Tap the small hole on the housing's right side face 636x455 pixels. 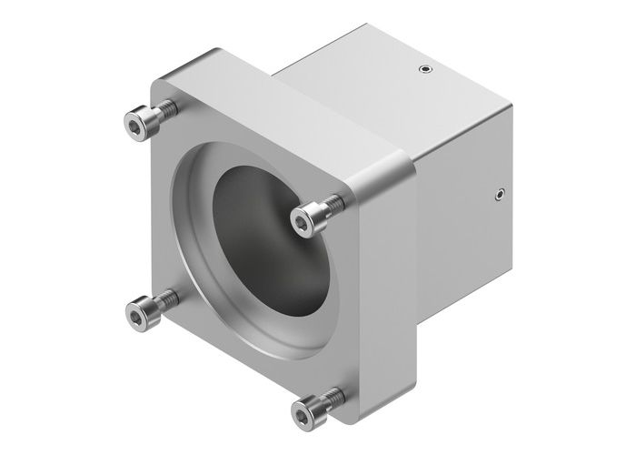pos(498,193)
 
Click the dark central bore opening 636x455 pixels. pos(263,246)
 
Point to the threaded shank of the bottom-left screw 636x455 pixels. pos(165,299)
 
